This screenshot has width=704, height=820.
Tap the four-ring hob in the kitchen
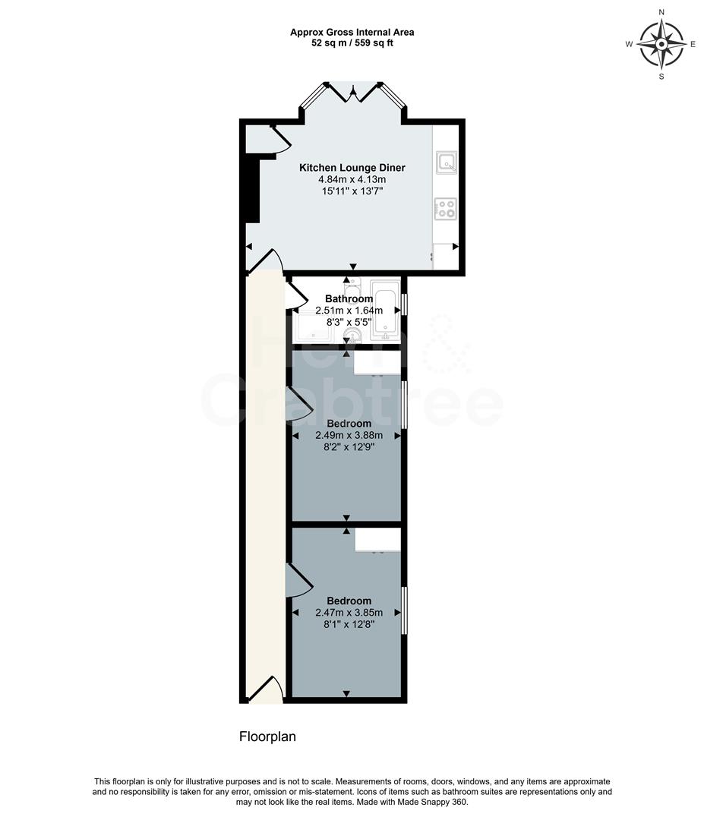coord(445,208)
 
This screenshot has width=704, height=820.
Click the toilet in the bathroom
coord(352,289)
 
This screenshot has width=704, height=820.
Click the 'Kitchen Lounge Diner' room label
coord(352,168)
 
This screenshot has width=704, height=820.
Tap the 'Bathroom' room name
coord(349,299)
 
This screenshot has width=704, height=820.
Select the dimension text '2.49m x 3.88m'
coord(349,435)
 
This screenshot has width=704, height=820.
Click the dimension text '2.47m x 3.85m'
coord(349,613)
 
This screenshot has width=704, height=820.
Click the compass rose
coord(661,43)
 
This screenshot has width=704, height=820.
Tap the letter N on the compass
coord(661,12)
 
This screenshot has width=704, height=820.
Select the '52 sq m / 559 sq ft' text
coord(352,43)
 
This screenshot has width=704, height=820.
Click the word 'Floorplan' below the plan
coord(267,736)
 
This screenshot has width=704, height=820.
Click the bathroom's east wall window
coord(404,304)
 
